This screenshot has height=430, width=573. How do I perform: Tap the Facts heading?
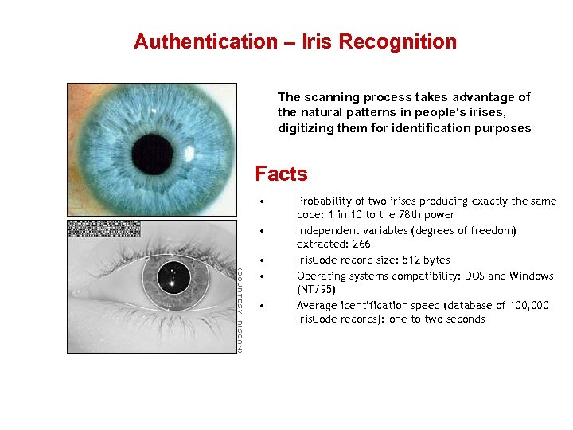[281, 174]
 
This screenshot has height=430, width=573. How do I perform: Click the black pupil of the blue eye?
[152, 154]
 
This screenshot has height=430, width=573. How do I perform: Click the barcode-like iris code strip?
[104, 229]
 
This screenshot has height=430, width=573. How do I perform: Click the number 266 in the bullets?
[361, 244]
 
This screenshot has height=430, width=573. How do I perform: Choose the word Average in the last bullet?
[317, 306]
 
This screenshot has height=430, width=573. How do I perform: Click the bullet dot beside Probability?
[261, 201]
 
